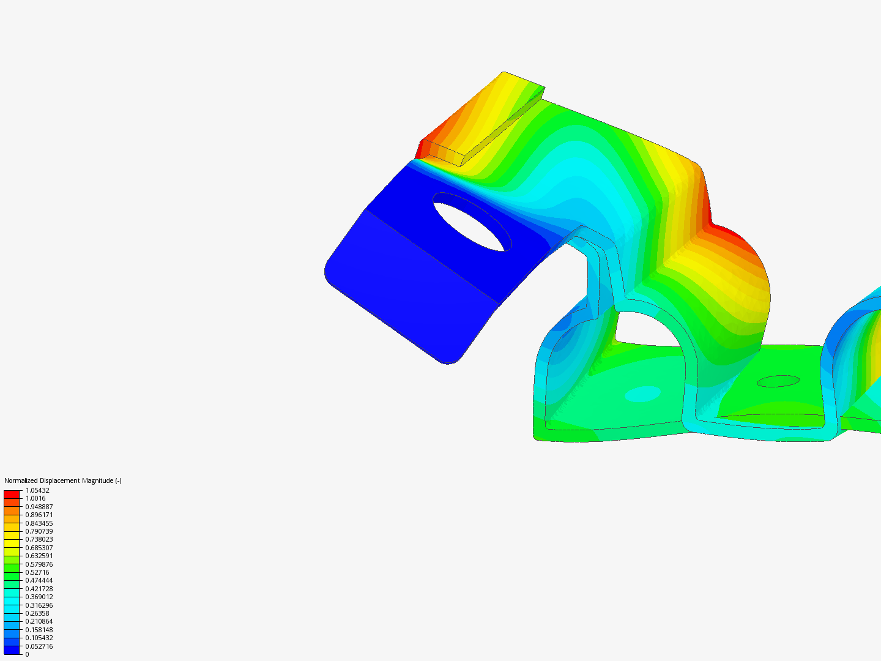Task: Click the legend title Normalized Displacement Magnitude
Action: [62, 480]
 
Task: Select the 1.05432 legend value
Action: [37, 490]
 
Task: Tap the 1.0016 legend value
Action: [35, 498]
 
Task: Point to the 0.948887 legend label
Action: [39, 507]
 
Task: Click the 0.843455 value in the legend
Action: [39, 523]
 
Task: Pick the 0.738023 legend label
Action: [39, 539]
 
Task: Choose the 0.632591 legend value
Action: [39, 556]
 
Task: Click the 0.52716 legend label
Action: [37, 572]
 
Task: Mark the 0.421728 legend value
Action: [39, 589]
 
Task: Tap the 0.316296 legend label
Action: [39, 605]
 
